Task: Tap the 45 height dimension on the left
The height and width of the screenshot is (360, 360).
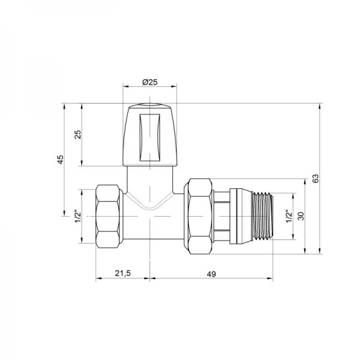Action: pos(59,160)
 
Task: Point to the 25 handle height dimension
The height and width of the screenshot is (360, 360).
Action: pos(77,135)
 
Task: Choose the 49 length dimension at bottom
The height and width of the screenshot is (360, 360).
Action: pos(211,274)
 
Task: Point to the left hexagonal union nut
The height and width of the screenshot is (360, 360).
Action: pos(110,215)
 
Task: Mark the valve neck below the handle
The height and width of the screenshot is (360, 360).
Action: pos(149,183)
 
